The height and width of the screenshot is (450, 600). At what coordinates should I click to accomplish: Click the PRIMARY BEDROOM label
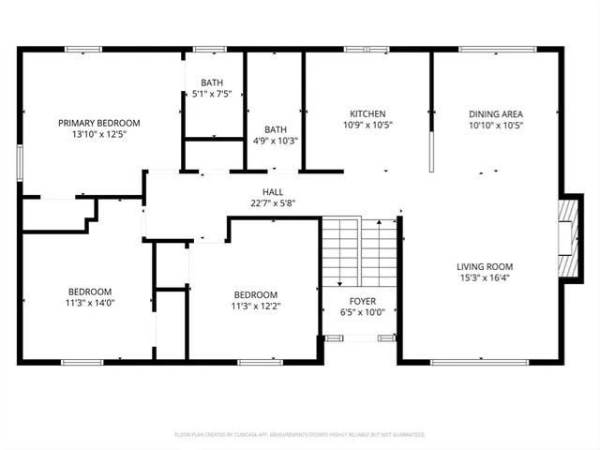point(98,123)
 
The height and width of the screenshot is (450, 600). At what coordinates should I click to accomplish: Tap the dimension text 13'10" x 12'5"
point(98,135)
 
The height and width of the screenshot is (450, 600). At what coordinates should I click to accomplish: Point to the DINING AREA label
point(495,113)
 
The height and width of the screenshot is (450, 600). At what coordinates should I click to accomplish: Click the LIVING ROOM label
point(485,266)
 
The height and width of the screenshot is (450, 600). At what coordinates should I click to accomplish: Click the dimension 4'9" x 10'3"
point(276,142)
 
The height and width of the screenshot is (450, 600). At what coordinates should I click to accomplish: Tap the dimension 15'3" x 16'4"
point(485,278)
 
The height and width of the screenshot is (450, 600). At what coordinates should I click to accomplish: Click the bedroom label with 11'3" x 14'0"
point(89,291)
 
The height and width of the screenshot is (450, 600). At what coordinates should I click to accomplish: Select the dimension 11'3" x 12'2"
point(255,306)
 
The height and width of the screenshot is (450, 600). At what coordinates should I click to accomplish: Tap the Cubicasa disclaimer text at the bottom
point(300,435)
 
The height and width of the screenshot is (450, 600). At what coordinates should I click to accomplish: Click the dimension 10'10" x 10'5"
point(495,126)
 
